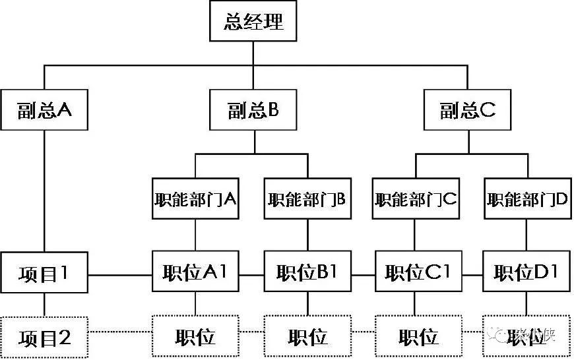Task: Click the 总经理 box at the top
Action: [x=254, y=22]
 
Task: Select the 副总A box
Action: [x=44, y=110]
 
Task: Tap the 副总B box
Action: [x=254, y=110]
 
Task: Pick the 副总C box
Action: [x=467, y=110]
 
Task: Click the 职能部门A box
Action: [x=195, y=198]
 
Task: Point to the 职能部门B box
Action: [x=307, y=198]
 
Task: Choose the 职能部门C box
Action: [x=416, y=198]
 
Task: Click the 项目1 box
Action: [x=44, y=272]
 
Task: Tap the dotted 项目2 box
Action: [x=44, y=338]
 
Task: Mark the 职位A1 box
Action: [x=195, y=272]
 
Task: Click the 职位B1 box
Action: [x=307, y=272]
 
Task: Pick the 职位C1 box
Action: [x=416, y=272]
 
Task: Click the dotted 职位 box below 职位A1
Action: [x=195, y=338]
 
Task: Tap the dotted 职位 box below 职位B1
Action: [x=307, y=338]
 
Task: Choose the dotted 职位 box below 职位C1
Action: [x=416, y=338]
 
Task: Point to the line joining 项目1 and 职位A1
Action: [x=120, y=274]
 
